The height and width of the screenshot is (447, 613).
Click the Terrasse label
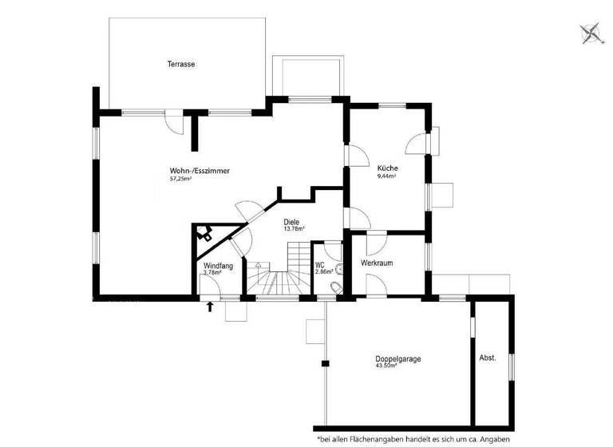[x=181, y=64]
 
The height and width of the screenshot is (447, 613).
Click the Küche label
[x=388, y=168]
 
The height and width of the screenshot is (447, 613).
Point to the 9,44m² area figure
[x=387, y=176]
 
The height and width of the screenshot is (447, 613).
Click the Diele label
[x=291, y=221]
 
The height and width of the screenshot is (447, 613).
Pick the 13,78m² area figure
[x=295, y=229]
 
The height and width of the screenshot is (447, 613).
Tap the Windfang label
[x=218, y=265]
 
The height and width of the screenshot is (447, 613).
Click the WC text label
[x=319, y=264]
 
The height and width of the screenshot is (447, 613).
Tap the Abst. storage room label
[x=487, y=358]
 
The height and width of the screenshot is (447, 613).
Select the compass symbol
[x=591, y=33]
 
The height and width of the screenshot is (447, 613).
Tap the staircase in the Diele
[x=275, y=275]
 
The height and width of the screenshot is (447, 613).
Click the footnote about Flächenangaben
[x=462, y=438]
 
